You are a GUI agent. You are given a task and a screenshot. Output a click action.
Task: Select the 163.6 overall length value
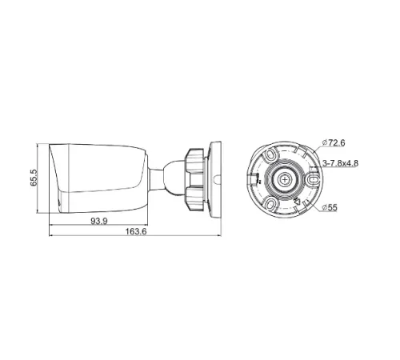[136, 234]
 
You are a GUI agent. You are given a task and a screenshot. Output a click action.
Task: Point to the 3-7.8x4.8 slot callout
[339, 162]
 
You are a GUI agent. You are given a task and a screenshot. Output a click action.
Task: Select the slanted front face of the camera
[57, 176]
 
